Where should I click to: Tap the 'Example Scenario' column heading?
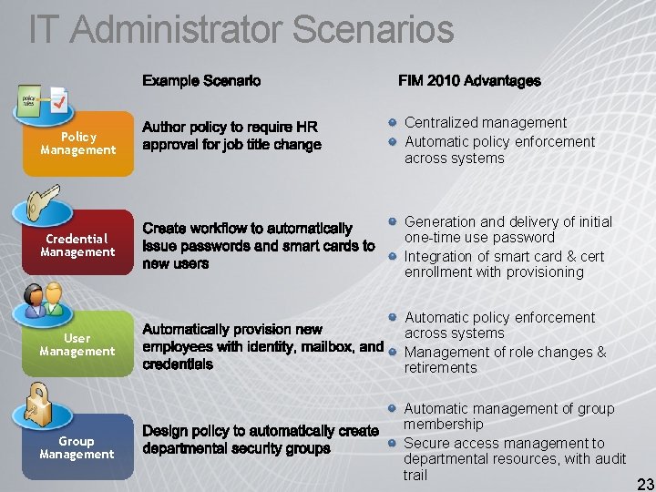coord(201,81)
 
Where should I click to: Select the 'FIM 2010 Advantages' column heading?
coord(469,81)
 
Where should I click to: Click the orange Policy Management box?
coord(77,143)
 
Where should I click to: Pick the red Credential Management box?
coord(77,245)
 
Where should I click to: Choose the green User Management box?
coord(77,344)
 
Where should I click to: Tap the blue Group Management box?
coord(77,447)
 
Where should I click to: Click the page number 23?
coord(645,484)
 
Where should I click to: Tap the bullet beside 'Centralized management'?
coord(391,122)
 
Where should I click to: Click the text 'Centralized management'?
coord(486,122)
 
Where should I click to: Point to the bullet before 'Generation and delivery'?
coord(391,221)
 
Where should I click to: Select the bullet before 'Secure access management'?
coord(391,443)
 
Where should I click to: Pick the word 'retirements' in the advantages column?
coord(441,368)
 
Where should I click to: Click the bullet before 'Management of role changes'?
coord(391,352)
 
